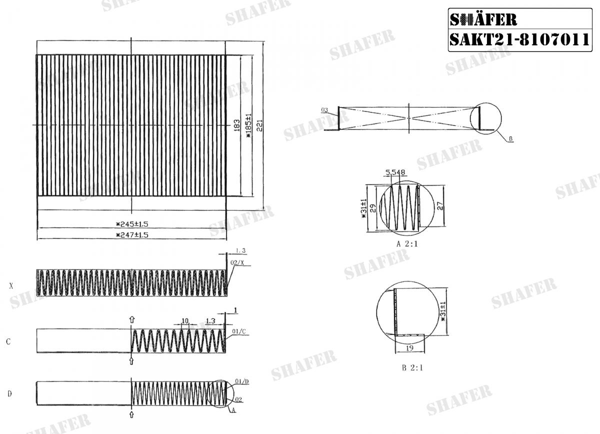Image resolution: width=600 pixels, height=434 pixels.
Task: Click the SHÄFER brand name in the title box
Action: coord(483,19)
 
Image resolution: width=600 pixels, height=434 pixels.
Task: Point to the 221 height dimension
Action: coord(259,125)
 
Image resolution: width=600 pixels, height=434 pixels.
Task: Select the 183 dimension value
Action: coord(236,125)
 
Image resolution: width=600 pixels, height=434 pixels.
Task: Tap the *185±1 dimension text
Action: coord(247,125)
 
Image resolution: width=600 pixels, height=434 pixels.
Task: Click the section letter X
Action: coord(11,286)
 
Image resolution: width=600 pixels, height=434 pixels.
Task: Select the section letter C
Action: coord(8,342)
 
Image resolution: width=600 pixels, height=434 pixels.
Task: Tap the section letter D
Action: coord(9,394)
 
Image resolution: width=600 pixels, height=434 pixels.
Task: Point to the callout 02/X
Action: coord(237,262)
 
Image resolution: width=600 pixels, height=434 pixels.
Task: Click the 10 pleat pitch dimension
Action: coord(185,320)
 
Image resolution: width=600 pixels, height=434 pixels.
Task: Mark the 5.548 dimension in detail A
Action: coord(395,172)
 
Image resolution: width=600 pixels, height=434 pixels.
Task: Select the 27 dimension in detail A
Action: coord(440,205)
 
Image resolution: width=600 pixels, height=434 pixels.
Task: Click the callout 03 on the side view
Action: coord(324,109)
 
